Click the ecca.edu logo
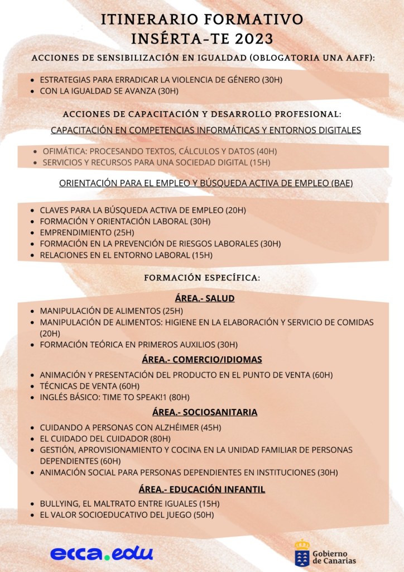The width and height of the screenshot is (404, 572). (101, 553)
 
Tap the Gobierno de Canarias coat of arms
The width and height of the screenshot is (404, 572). (302, 552)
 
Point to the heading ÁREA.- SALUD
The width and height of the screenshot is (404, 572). (204, 298)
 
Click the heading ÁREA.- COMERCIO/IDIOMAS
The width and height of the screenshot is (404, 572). (202, 359)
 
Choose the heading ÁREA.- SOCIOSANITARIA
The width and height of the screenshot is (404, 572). (204, 412)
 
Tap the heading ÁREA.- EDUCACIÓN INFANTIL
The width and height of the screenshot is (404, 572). (201, 489)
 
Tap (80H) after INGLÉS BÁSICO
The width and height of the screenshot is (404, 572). (179, 397)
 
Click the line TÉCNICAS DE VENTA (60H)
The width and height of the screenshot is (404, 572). (89, 386)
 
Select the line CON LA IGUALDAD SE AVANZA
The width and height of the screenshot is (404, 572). (109, 90)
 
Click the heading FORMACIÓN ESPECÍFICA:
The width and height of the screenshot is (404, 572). (202, 278)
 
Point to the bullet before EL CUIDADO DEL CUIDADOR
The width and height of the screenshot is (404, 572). (32, 439)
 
